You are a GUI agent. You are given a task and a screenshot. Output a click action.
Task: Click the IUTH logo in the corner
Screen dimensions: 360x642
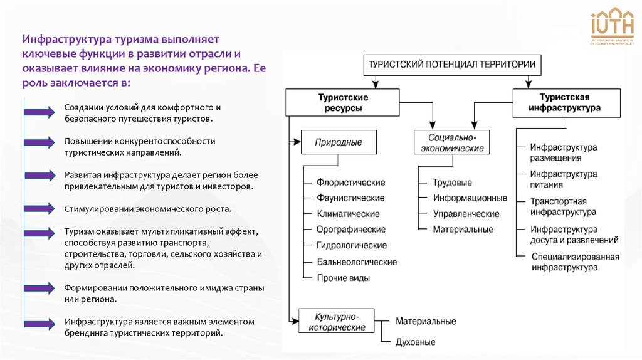[612, 26]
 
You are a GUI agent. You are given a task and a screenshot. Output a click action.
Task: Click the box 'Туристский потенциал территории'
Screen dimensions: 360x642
[451, 65]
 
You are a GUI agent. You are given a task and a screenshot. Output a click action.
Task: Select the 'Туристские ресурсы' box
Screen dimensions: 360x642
[342, 102]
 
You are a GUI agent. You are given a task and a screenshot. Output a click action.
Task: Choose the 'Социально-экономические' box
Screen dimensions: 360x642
[451, 142]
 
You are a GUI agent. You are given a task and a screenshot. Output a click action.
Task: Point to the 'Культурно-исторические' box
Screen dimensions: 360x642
[337, 320]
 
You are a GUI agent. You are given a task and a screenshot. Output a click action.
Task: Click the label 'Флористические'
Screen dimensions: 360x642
[350, 183]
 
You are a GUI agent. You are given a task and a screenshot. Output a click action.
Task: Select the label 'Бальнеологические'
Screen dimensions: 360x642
[357, 262]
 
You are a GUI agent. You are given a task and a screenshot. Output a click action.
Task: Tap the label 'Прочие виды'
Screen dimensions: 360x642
[343, 277]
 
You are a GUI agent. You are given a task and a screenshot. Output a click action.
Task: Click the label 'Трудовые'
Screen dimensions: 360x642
[452, 183]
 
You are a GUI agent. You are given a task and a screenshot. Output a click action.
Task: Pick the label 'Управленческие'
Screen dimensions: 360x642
[466, 214]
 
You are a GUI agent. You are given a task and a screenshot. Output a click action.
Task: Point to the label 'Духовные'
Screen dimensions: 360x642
[415, 342]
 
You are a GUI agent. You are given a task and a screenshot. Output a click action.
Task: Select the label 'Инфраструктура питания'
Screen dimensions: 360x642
[564, 179]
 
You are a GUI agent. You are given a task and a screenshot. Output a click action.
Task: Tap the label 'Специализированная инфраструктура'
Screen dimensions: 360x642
[574, 262]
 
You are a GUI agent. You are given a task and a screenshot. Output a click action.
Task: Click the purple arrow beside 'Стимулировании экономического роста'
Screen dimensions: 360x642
[39, 208]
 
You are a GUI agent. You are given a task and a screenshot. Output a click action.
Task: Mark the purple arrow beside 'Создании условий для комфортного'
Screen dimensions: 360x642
[39, 113]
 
